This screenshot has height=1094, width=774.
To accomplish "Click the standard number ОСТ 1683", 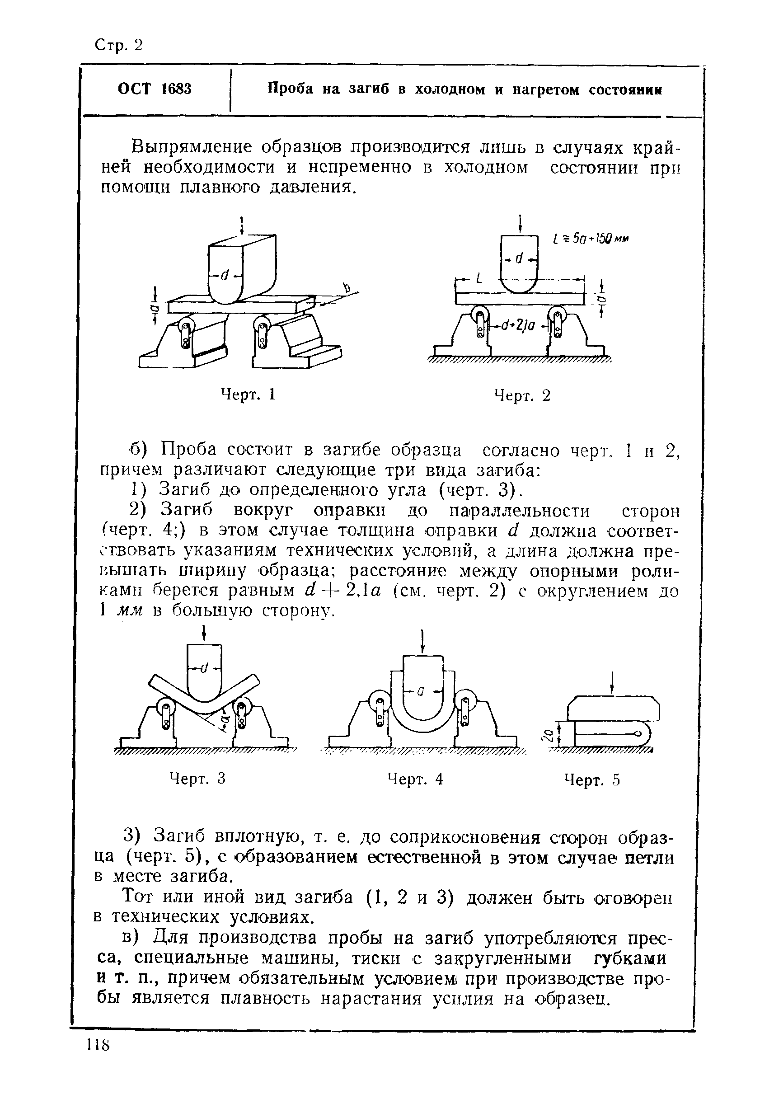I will point(155,89).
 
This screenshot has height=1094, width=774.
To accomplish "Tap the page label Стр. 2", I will point(119,45).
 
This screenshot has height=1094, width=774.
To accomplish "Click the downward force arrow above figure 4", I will point(422,641).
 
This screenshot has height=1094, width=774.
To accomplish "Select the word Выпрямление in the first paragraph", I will point(191,147).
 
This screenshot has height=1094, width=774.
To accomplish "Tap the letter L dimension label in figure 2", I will point(479,279).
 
